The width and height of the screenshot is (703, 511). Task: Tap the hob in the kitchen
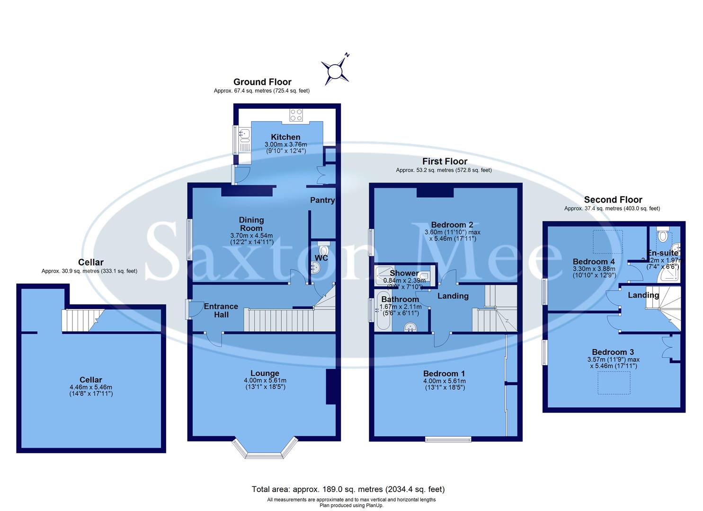(x=296, y=115)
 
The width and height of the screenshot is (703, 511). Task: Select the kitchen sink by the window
(x=245, y=136)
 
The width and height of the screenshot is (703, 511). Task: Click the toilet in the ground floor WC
(x=324, y=249)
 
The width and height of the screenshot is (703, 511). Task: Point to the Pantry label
(x=322, y=200)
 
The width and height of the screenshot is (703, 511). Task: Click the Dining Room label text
(x=251, y=224)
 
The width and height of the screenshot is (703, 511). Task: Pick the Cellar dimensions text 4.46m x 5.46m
(x=90, y=387)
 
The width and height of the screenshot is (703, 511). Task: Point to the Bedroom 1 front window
(x=448, y=439)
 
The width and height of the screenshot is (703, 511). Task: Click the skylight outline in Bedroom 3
(x=614, y=383)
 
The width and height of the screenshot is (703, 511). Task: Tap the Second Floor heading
(x=613, y=200)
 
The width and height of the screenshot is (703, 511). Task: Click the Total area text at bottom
(x=348, y=489)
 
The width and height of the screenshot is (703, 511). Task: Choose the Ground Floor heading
(x=262, y=82)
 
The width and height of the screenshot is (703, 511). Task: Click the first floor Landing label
(x=453, y=296)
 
